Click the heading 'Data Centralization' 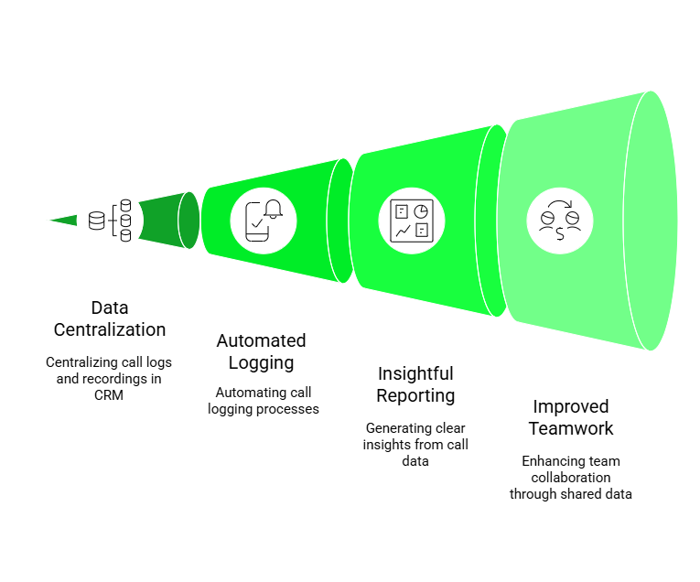110,318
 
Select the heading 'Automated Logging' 261,351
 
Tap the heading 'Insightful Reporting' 416,384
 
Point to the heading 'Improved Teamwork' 571,417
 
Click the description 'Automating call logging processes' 262,401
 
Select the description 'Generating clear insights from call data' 416,444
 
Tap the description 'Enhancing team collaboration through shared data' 571,477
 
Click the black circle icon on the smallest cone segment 110,220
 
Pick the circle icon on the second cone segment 264,220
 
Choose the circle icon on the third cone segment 412,220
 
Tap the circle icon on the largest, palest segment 560,220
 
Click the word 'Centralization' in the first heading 110,329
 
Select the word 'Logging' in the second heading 261,362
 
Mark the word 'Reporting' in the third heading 416,395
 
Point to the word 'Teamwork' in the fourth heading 571,428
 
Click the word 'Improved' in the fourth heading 571,406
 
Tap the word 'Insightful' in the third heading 416,373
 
